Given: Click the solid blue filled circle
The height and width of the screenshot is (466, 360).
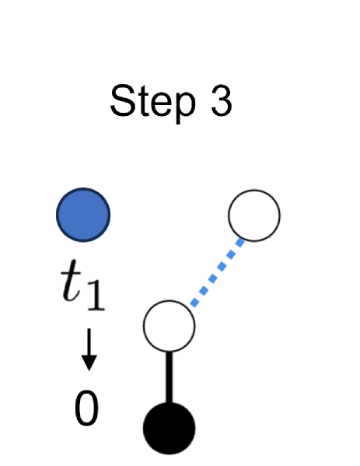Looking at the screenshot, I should pos(84,214).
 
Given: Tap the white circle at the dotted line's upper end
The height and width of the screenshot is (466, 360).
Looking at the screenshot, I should pos(253,215).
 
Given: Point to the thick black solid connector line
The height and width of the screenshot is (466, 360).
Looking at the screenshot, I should pos(169,377).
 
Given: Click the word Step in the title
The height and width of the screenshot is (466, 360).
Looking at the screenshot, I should pos(147,101).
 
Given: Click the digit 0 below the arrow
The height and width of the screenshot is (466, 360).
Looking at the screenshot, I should pos(86,409).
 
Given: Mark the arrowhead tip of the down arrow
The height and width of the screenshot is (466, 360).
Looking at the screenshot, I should pos(89,368).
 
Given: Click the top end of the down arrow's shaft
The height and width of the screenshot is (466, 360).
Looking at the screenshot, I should pos(89,330).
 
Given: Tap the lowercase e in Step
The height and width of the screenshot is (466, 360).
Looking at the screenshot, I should pos(156,104).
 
